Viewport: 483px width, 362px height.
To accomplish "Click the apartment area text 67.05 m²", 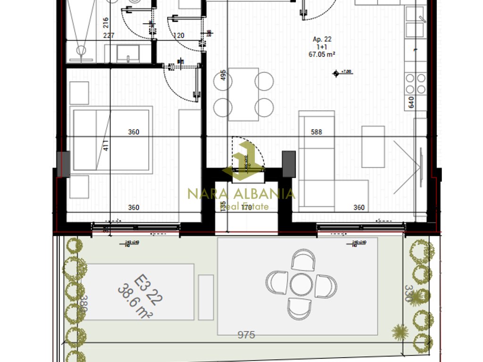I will click(x=322, y=54).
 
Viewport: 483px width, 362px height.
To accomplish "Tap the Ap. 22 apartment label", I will click(x=322, y=40).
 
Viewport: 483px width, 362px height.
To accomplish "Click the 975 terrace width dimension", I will click(x=246, y=335).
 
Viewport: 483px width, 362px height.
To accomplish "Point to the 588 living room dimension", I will click(x=316, y=132).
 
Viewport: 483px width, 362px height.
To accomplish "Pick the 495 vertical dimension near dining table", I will click(x=223, y=78).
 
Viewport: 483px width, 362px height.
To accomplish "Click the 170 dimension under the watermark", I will click(x=246, y=206).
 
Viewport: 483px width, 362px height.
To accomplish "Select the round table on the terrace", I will click(x=301, y=285).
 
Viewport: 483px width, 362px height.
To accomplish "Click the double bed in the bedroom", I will click(x=111, y=140).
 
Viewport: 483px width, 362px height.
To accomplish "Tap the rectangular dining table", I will click(x=243, y=94).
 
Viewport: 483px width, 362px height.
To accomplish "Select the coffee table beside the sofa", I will click(x=373, y=147).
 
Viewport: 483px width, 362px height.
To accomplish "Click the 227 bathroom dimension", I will click(x=109, y=35).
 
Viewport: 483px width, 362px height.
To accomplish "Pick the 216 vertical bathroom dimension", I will click(x=106, y=23).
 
